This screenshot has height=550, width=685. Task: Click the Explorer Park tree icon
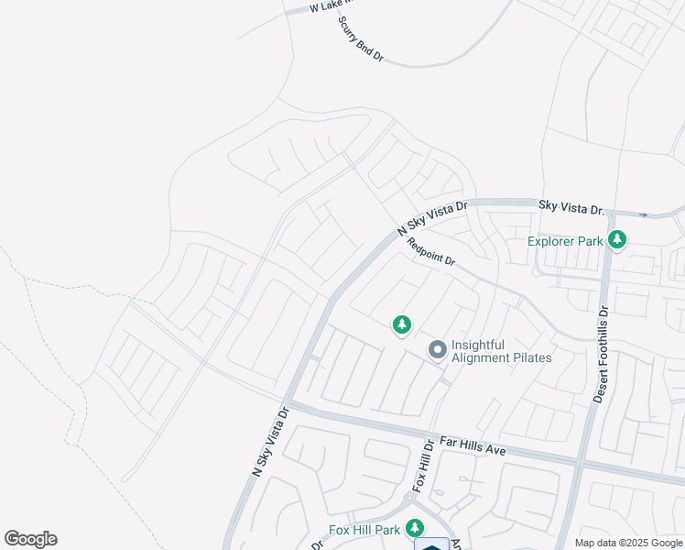[x=618, y=240]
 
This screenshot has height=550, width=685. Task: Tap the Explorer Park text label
[x=565, y=242]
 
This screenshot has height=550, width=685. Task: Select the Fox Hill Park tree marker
[x=415, y=528]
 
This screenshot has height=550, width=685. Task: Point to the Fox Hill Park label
[x=364, y=530]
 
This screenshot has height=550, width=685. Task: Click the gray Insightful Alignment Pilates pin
[x=438, y=349]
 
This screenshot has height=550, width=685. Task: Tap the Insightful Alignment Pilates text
[x=502, y=350]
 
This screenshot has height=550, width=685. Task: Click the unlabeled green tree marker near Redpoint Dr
[x=401, y=324]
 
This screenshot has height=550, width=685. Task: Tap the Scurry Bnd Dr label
[x=360, y=39]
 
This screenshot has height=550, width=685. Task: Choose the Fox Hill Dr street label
[x=422, y=465]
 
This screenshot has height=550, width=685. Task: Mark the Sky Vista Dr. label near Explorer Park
[x=571, y=208]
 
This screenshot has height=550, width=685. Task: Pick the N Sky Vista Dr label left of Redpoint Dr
[x=431, y=219]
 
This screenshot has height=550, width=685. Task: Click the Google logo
[x=30, y=539]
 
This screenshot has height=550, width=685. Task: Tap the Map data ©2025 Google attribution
[x=628, y=543]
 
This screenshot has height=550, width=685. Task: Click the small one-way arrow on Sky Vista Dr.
[x=643, y=215]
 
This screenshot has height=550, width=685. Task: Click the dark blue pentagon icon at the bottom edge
[x=431, y=544]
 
